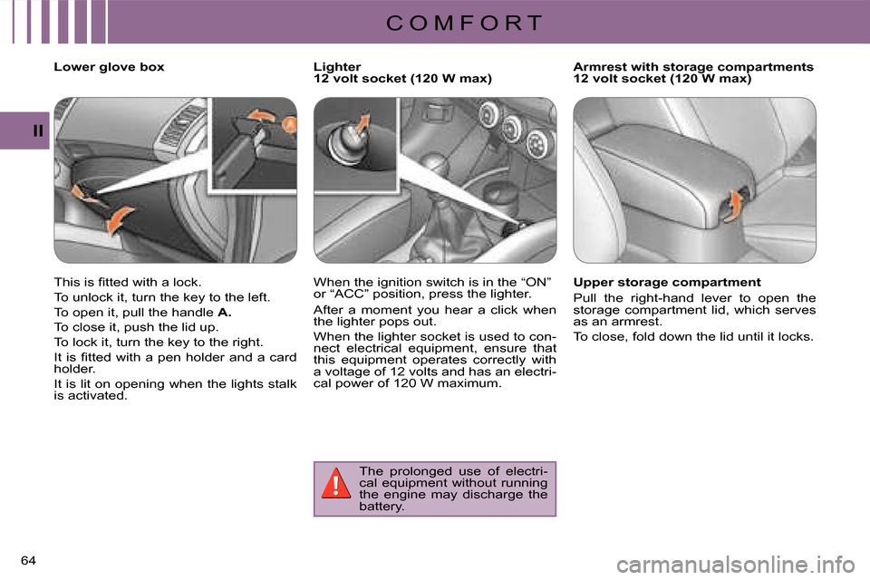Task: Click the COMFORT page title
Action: [x=464, y=24]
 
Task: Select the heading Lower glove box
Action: [x=110, y=67]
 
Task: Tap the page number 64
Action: [x=28, y=561]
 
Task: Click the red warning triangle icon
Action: [x=335, y=483]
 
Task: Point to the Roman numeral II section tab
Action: [x=38, y=131]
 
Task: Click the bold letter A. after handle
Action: [x=225, y=313]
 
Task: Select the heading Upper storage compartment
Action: [x=667, y=283]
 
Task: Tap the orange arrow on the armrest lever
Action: [x=733, y=206]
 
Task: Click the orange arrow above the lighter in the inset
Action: [x=362, y=121]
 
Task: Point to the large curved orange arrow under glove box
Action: [x=120, y=220]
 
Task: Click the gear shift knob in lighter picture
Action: [x=434, y=167]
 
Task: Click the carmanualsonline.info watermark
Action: [x=736, y=565]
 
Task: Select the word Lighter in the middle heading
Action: [x=337, y=67]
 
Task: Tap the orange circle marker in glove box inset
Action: [x=290, y=124]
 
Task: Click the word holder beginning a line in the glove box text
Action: [x=72, y=369]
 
